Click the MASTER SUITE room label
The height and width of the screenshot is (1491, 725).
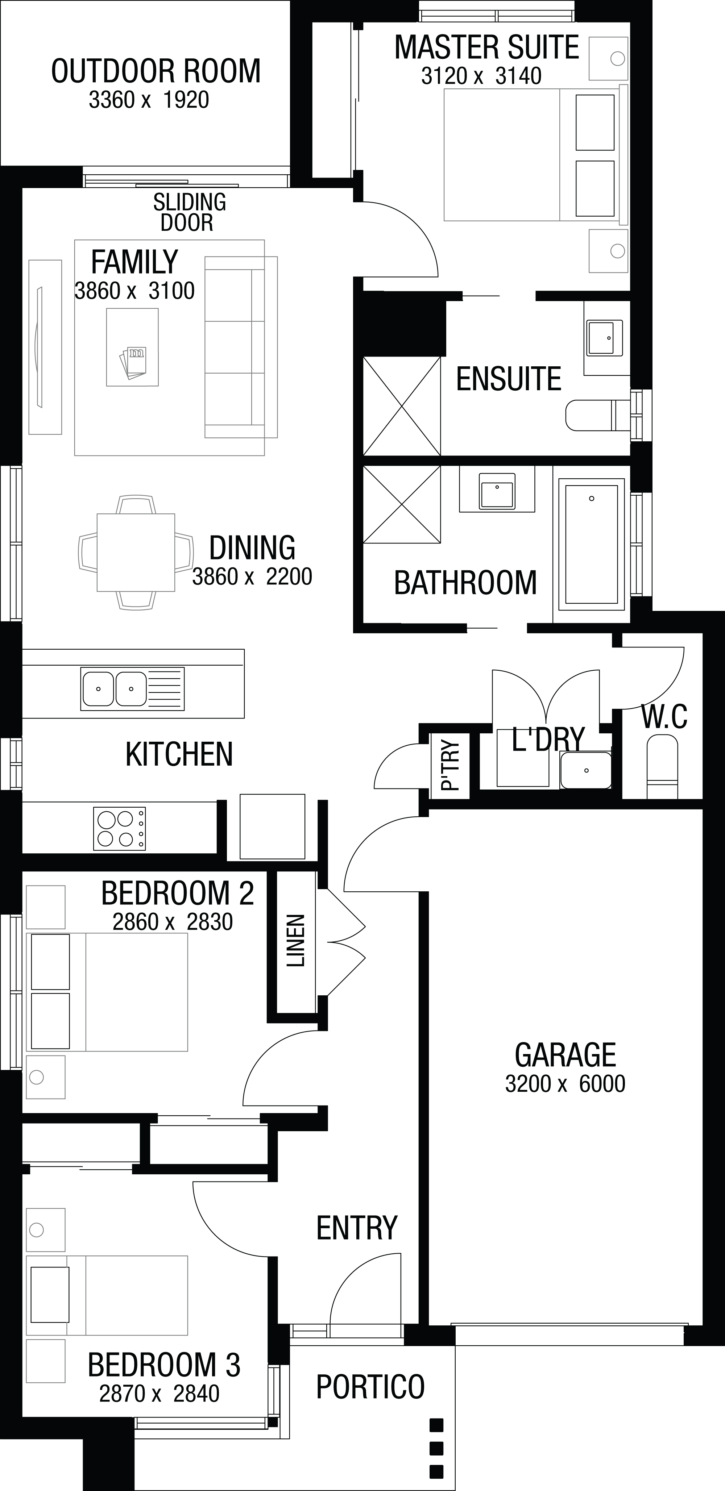pyautogui.click(x=486, y=47)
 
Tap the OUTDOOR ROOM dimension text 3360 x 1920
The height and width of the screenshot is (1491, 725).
pyautogui.click(x=149, y=100)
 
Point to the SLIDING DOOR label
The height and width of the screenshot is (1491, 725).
pyautogui.click(x=189, y=212)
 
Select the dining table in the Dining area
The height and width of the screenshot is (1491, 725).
pyautogui.click(x=136, y=552)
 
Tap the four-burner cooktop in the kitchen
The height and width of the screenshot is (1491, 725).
pyautogui.click(x=119, y=829)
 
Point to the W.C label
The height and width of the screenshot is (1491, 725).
pyautogui.click(x=664, y=717)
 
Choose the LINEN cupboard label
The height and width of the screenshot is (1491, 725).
pyautogui.click(x=296, y=941)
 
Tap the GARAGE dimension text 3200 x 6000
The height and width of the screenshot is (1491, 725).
pyautogui.click(x=565, y=1083)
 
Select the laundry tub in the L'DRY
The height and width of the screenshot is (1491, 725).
pyautogui.click(x=586, y=770)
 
